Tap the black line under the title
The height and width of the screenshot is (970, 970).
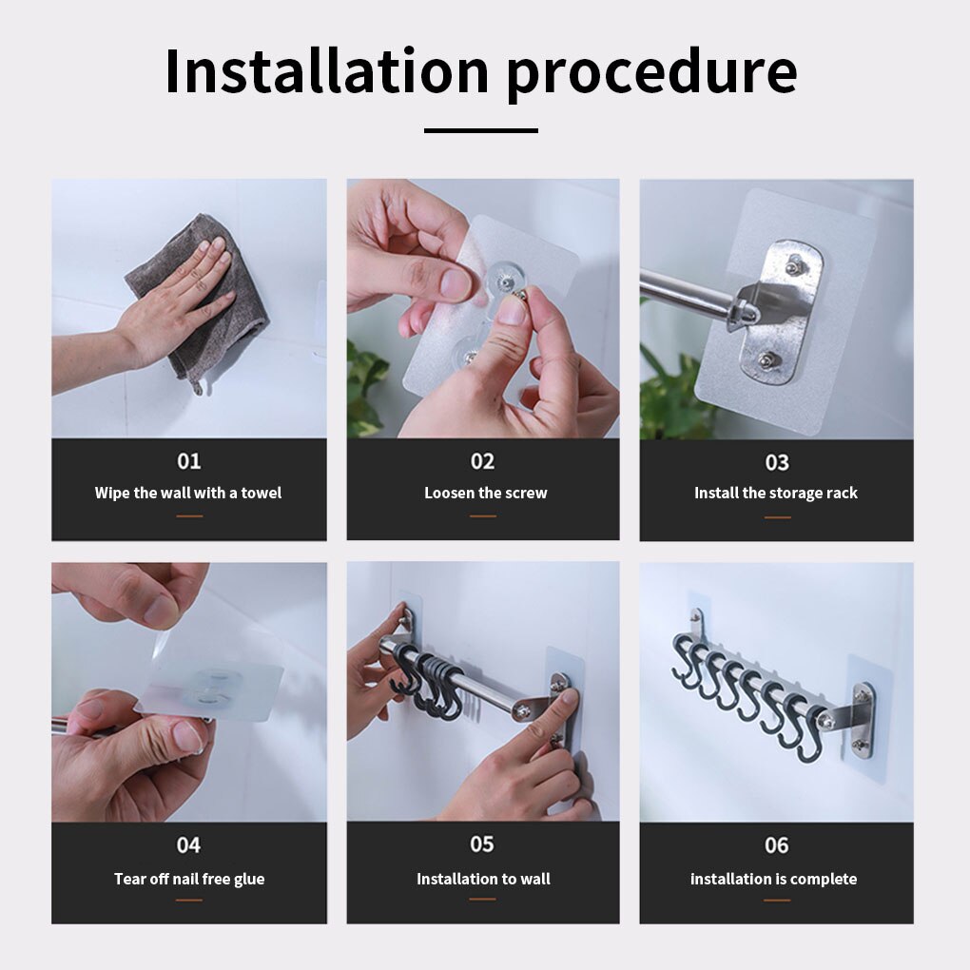[x=481, y=130]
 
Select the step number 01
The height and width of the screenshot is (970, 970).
[x=189, y=461]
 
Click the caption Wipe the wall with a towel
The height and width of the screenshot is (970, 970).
[x=188, y=493]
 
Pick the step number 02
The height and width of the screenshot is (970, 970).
[x=483, y=461]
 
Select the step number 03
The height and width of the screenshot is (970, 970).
[x=777, y=462]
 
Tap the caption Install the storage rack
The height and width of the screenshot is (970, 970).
[x=776, y=493]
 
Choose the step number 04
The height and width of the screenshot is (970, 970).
[x=189, y=844]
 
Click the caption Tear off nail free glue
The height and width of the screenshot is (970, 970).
[x=189, y=879]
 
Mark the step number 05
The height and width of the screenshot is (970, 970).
[x=482, y=844]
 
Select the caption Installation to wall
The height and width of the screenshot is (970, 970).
[x=483, y=879]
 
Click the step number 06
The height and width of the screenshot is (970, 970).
[x=777, y=844]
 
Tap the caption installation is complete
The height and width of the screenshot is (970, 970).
[x=773, y=879]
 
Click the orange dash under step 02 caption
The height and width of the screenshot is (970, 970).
[x=483, y=516]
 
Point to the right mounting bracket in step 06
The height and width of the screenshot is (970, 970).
[x=861, y=718]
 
